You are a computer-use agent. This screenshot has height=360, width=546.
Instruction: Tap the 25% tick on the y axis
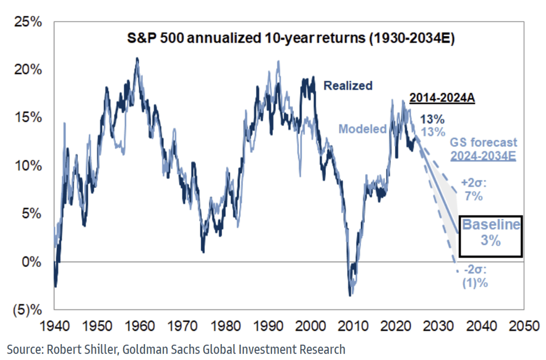point(27,22)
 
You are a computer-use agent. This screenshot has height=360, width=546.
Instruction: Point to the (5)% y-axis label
point(26,311)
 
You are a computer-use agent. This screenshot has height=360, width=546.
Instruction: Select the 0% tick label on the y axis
point(31,263)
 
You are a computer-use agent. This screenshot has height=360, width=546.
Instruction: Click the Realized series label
point(348,86)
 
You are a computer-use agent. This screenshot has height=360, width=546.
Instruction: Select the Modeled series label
point(362,129)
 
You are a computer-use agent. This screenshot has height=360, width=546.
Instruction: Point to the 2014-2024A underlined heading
point(442,98)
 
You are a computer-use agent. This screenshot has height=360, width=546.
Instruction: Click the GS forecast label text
point(484,143)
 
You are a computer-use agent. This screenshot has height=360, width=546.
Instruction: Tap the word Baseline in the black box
point(490,225)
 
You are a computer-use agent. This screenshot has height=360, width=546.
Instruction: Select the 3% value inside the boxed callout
point(490,241)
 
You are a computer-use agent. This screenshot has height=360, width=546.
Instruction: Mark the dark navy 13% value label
point(433,119)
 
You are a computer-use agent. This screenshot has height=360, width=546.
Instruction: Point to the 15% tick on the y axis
point(27,118)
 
